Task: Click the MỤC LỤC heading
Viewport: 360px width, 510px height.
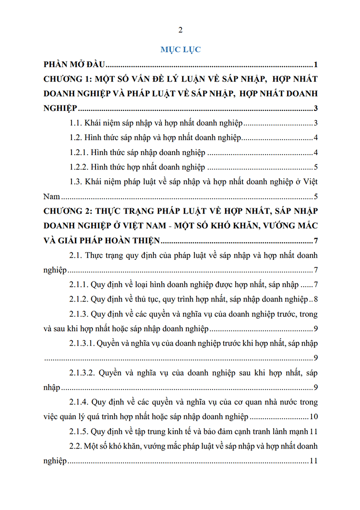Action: point(180,49)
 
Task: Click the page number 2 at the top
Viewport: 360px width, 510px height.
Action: point(180,30)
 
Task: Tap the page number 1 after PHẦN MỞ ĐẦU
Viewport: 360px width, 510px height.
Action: point(315,64)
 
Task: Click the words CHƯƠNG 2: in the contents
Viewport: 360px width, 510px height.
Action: point(66,211)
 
